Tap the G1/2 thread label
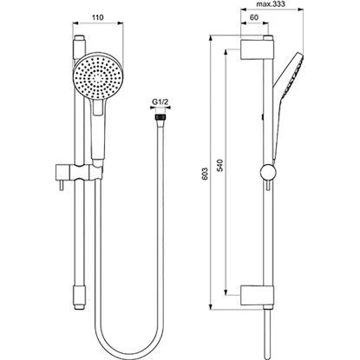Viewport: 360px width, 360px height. [x=159, y=102]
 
